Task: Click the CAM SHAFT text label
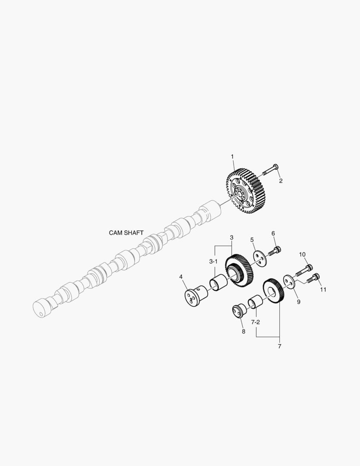(126, 233)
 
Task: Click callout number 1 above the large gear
(232, 156)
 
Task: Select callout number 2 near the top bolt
(280, 181)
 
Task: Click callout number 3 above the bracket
(232, 238)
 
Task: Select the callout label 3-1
(213, 261)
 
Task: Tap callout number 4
(181, 276)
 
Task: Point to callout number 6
(273, 233)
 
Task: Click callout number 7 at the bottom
(279, 346)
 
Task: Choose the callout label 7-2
(256, 322)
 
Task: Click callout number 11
(323, 290)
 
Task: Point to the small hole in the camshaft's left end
(41, 314)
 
